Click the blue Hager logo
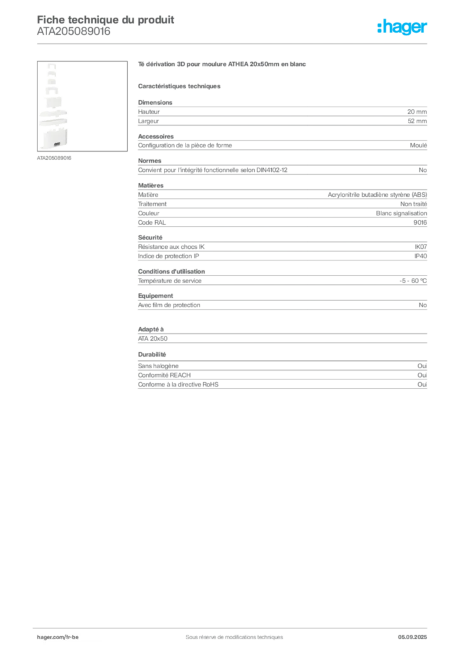click(x=402, y=27)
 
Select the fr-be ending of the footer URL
click(x=72, y=636)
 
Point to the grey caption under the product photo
click(x=55, y=159)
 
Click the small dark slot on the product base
click(x=57, y=145)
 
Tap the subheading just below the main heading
click(x=180, y=86)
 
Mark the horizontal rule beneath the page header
click(x=234, y=44)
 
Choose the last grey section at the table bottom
click(x=281, y=376)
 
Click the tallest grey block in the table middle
click(x=281, y=204)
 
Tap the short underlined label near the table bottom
click(x=152, y=354)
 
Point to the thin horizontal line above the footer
click(x=234, y=625)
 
